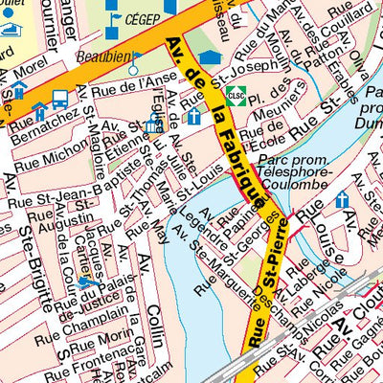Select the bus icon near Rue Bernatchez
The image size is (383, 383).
point(59,100)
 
